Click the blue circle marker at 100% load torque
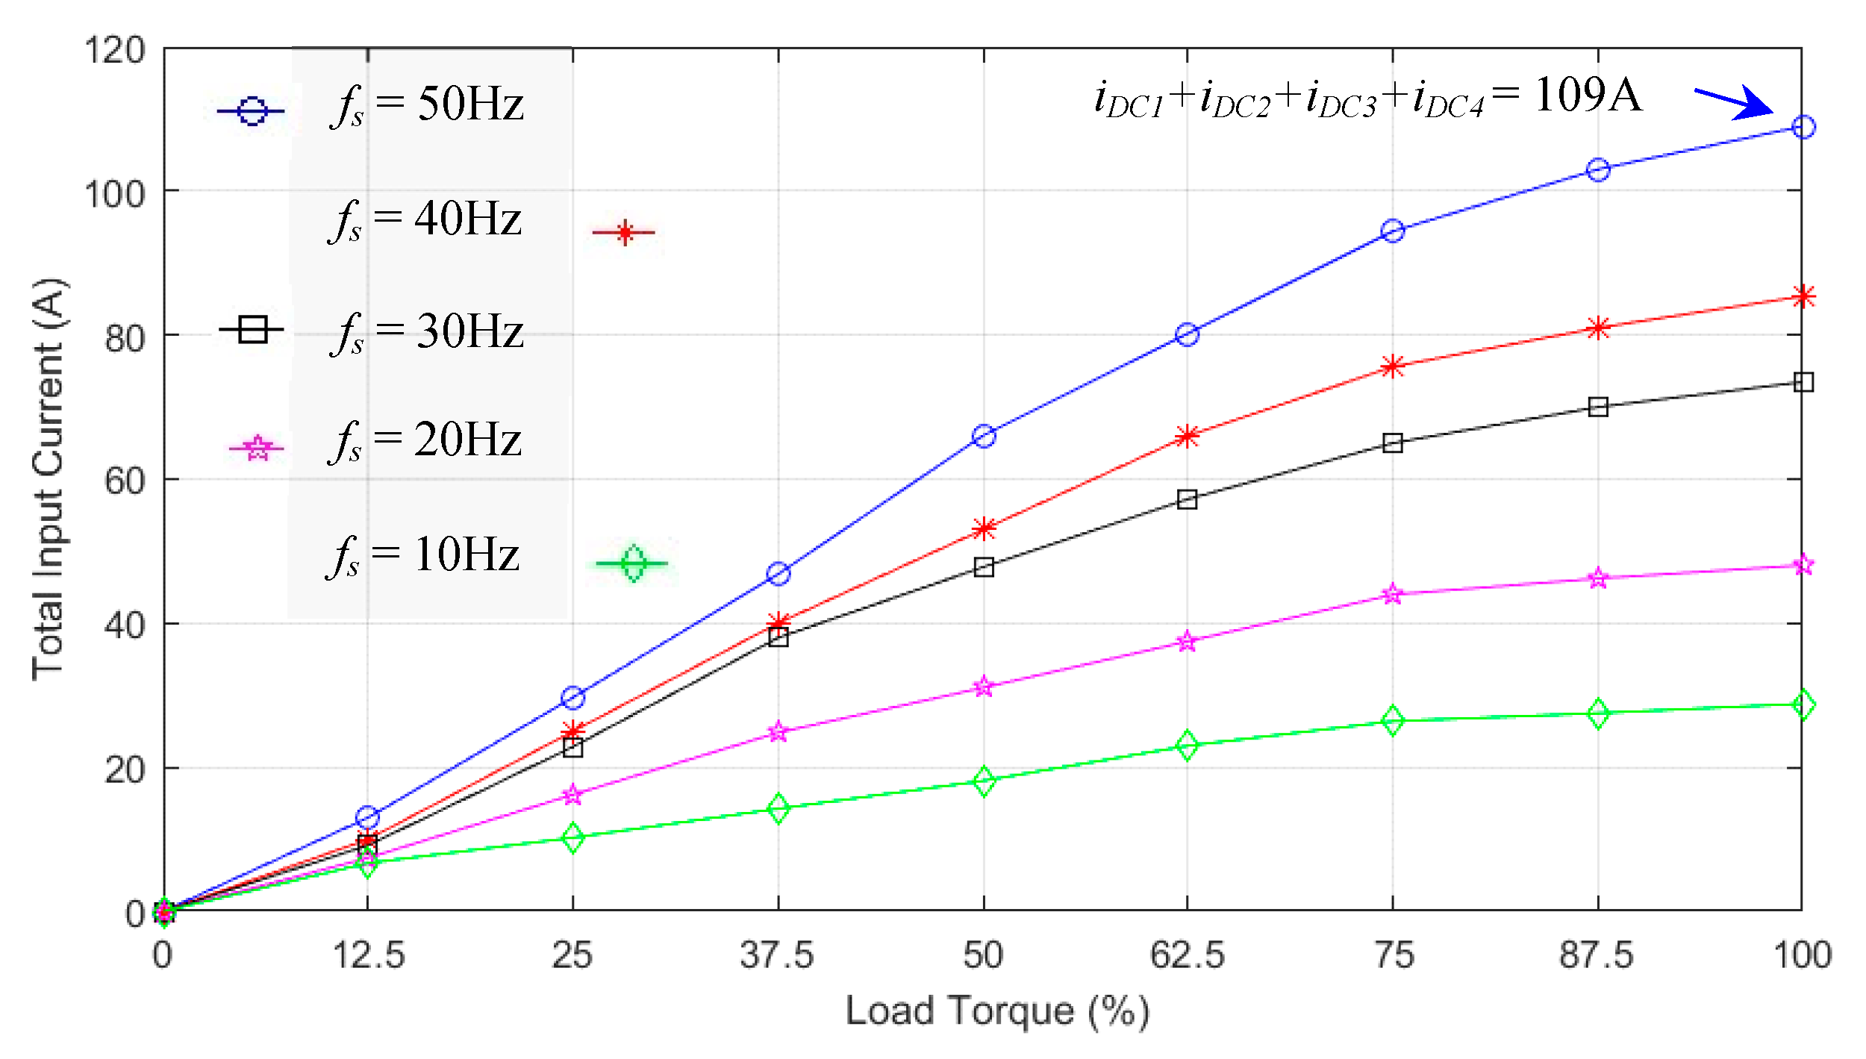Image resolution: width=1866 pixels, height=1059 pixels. click(x=1803, y=127)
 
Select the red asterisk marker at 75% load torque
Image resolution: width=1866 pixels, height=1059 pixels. click(x=1392, y=366)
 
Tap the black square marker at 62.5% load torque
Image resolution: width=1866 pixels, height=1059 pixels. click(x=1187, y=499)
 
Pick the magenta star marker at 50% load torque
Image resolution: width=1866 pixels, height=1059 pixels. click(x=984, y=687)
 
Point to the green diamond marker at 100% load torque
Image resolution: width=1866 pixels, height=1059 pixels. click(x=1803, y=705)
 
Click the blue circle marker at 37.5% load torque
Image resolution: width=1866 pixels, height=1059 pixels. click(x=778, y=574)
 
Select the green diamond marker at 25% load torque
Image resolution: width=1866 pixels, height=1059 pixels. click(x=572, y=837)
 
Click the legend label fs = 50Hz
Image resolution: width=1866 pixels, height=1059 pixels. click(x=427, y=104)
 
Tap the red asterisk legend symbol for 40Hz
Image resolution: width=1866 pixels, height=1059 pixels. click(x=624, y=233)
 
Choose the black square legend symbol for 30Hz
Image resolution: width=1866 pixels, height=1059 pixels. click(x=252, y=328)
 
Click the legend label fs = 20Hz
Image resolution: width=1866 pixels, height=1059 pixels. click(x=425, y=440)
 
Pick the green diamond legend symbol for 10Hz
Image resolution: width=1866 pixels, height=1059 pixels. click(x=633, y=563)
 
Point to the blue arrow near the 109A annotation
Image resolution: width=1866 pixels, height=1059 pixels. click(x=1733, y=102)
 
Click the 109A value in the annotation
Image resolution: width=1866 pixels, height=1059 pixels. click(x=1588, y=96)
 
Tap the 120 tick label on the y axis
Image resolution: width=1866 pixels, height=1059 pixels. click(x=113, y=51)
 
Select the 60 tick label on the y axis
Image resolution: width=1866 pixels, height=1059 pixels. click(x=124, y=481)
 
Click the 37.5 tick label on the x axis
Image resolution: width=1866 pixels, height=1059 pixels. click(x=776, y=955)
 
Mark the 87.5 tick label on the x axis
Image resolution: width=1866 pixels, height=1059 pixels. click(x=1596, y=955)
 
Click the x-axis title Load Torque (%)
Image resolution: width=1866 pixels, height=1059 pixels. click(x=996, y=1011)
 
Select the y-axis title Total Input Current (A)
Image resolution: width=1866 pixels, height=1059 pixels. click(x=49, y=479)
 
